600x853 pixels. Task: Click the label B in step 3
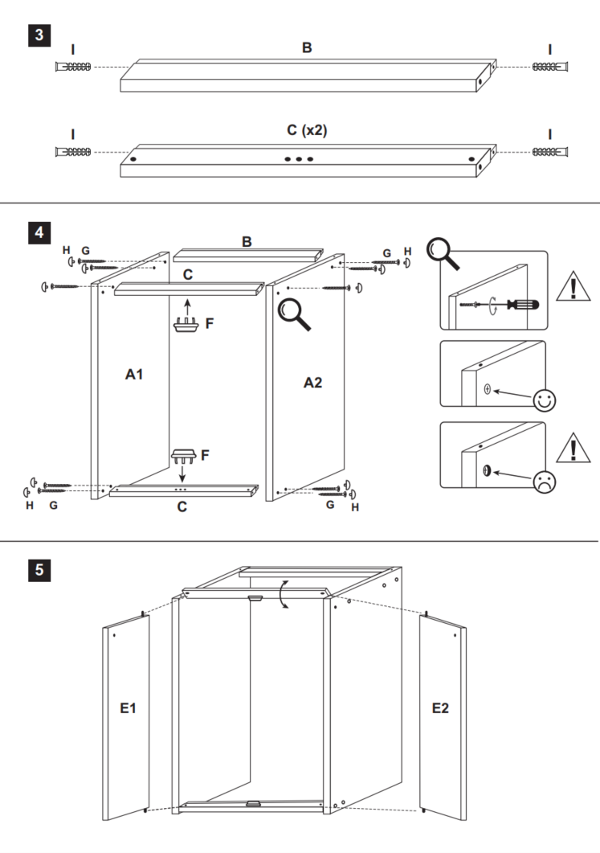point(306,47)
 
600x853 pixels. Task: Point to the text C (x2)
point(306,129)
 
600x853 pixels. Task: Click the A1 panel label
point(134,374)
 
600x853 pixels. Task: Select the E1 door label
point(128,708)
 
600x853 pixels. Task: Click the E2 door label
point(441,707)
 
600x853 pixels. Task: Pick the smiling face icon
point(545,400)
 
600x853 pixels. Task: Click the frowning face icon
point(545,481)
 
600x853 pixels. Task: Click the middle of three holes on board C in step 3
point(299,159)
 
